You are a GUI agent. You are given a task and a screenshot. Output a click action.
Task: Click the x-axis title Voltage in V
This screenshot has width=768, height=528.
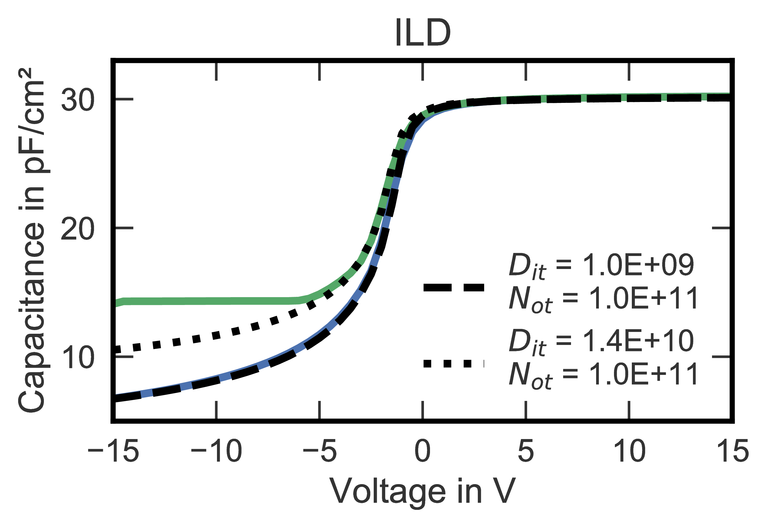pos(423,492)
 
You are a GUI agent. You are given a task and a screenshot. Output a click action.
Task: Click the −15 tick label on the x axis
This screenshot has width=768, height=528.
pos(113,451)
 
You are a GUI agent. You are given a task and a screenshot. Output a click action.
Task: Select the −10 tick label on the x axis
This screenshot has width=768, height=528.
pos(216,451)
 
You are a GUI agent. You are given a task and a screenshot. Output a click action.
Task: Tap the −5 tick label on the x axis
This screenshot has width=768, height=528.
pos(320,451)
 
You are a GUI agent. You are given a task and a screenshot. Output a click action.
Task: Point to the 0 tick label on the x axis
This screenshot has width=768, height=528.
pos(423,451)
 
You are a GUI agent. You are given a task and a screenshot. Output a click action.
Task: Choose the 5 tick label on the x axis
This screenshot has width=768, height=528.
pos(526,451)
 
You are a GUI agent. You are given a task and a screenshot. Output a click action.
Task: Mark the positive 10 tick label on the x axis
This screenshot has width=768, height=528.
pos(629,451)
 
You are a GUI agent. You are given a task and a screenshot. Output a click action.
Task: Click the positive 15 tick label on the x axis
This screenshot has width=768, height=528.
pos(732,451)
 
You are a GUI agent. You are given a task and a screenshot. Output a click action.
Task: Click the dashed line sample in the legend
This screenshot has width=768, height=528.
pos(454,287)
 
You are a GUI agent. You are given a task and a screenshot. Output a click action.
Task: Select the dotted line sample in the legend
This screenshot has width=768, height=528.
pos(454,364)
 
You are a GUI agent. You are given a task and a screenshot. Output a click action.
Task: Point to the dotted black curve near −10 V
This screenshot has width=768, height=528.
pos(216,335)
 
